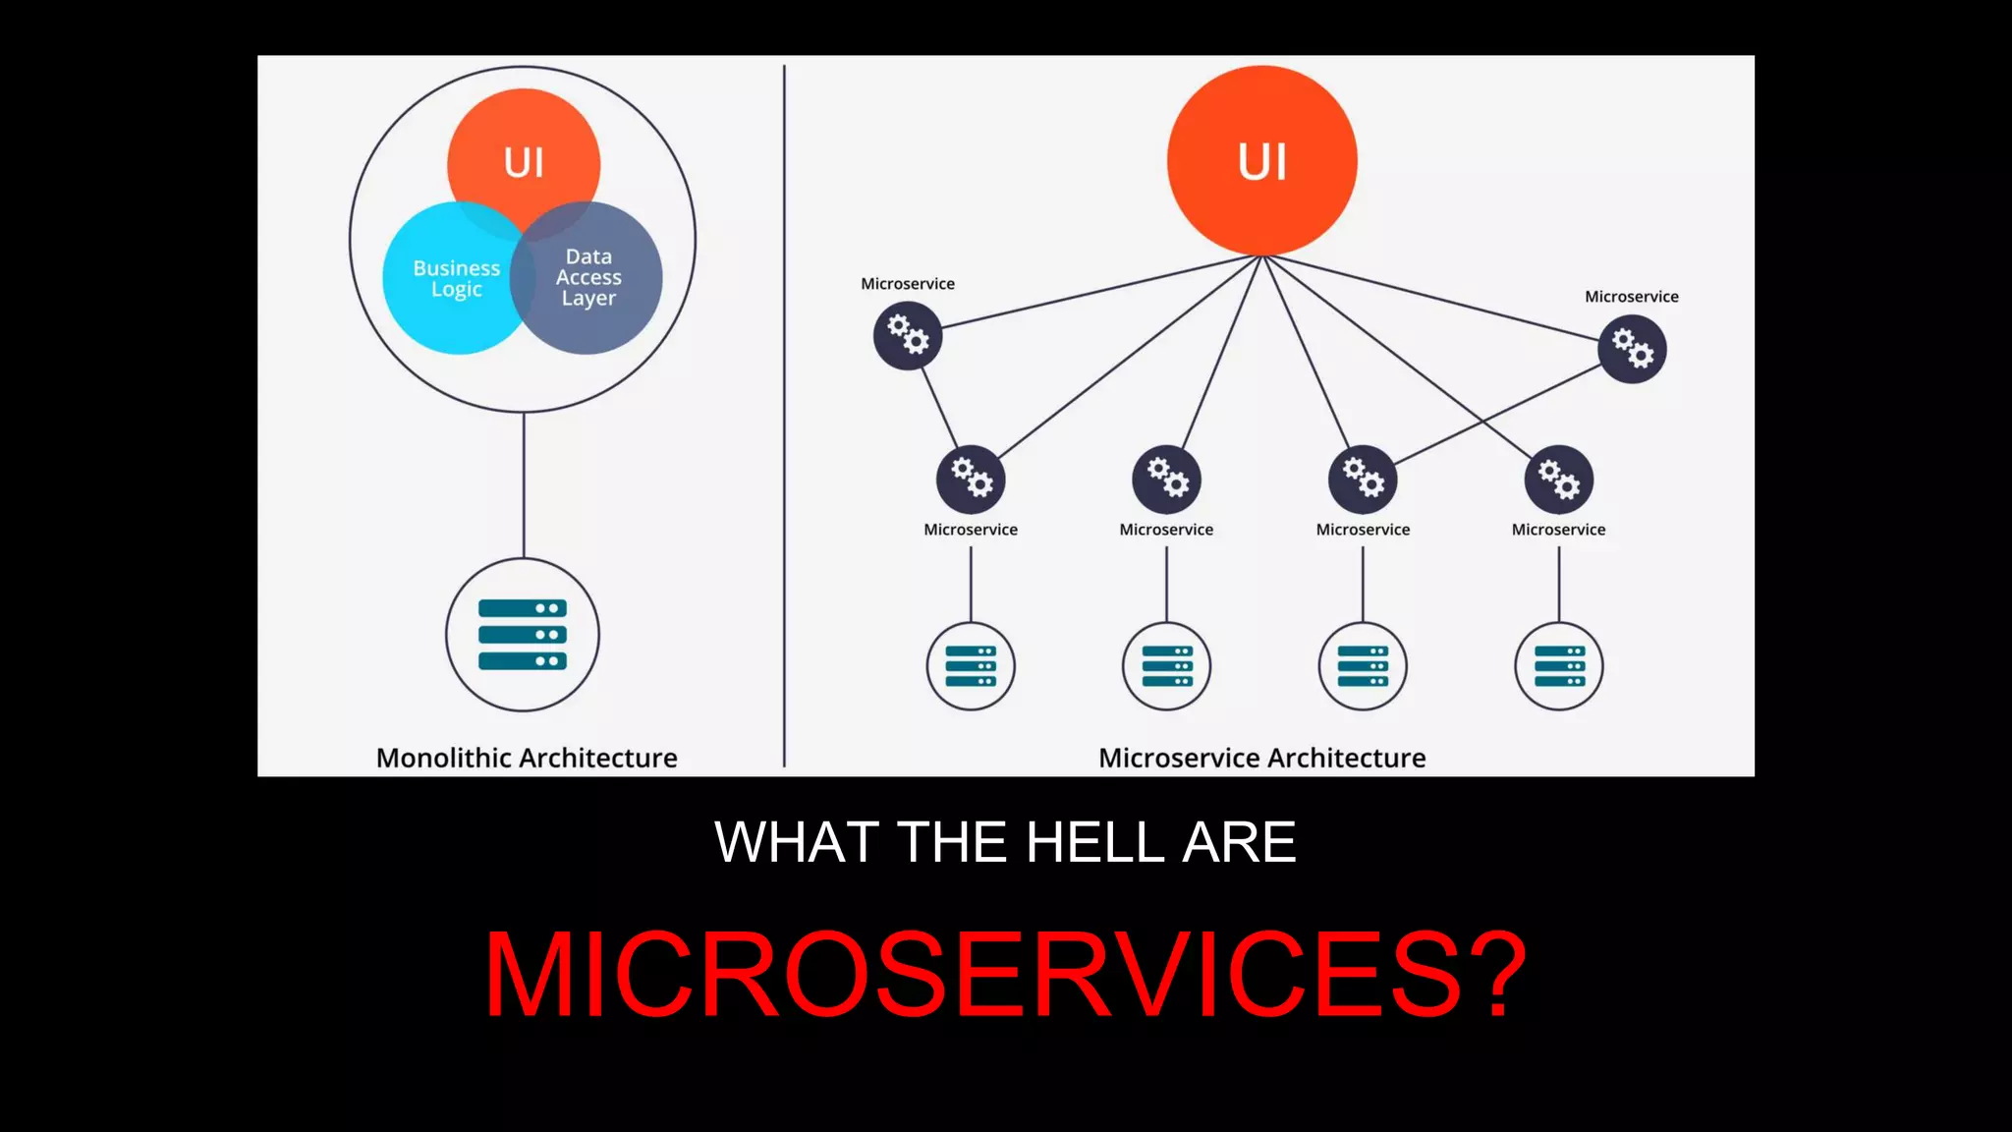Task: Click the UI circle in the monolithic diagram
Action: pyautogui.click(x=524, y=147)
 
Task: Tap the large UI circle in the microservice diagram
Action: pyautogui.click(x=1262, y=161)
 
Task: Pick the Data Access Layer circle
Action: pyautogui.click(x=595, y=280)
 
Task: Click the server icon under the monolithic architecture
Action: pyautogui.click(x=523, y=635)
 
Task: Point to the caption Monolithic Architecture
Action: pyautogui.click(x=527, y=758)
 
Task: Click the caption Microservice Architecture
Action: pyautogui.click(x=1261, y=758)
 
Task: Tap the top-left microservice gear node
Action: pyautogui.click(x=908, y=336)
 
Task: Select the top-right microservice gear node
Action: pyautogui.click(x=1632, y=349)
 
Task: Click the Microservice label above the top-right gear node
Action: pyautogui.click(x=1631, y=297)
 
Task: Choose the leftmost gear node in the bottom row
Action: pyautogui.click(x=971, y=479)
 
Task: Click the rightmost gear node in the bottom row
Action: pyautogui.click(x=1558, y=479)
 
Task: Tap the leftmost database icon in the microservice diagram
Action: pyautogui.click(x=971, y=666)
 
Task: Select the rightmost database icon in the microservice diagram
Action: pyautogui.click(x=1558, y=666)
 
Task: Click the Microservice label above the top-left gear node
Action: pyautogui.click(x=908, y=284)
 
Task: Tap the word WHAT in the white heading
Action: pyautogui.click(x=797, y=843)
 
